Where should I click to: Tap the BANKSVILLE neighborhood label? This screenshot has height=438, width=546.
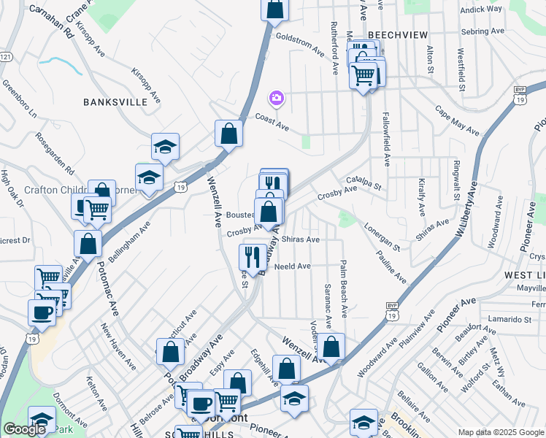115,102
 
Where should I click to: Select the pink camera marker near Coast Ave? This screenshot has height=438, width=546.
276,98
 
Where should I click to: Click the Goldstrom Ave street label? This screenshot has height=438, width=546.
299,45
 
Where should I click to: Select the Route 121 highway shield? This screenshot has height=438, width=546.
6,56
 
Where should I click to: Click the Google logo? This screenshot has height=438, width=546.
24,429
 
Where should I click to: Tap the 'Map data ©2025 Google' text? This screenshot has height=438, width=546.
501,432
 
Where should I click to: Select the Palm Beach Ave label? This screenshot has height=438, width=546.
343,289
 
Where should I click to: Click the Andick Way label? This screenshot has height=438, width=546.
482,9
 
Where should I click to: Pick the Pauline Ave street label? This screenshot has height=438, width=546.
391,267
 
